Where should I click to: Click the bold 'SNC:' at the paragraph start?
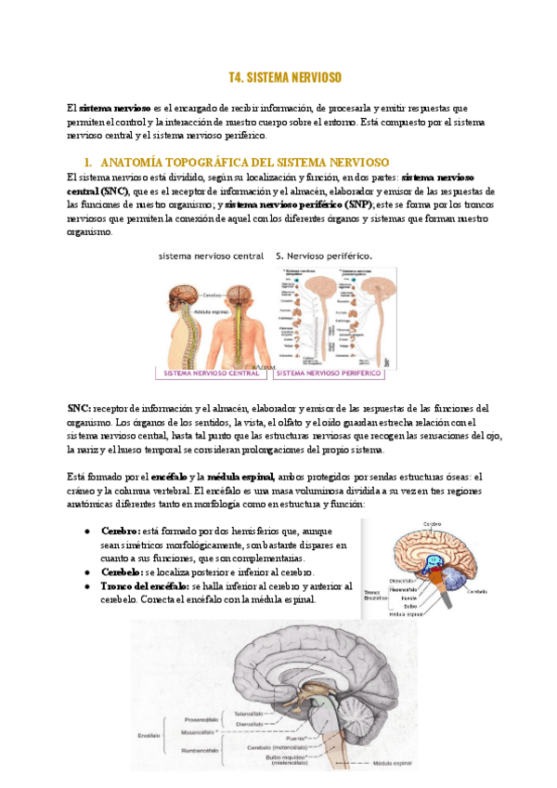(79, 408)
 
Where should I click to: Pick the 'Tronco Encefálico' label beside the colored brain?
(377, 595)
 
